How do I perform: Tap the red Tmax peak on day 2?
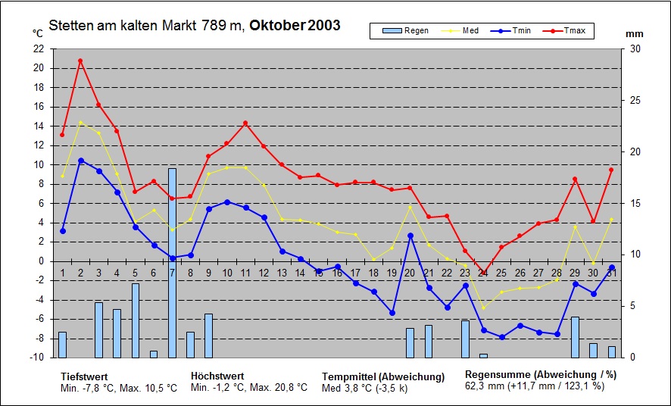[80, 61]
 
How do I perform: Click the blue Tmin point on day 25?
[501, 337]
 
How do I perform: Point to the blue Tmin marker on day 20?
[410, 236]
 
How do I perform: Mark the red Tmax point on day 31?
[611, 170]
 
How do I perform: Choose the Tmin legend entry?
[514, 31]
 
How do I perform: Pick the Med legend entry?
[462, 31]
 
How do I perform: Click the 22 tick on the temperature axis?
[39, 48]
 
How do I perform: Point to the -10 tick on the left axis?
[36, 358]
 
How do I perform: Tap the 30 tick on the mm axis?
[635, 48]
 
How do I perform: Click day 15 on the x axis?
[318, 273]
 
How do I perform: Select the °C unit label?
[38, 33]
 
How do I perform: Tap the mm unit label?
[635, 34]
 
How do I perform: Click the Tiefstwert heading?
[84, 376]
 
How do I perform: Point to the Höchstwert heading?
[217, 376]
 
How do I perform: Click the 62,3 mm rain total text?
[484, 386]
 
